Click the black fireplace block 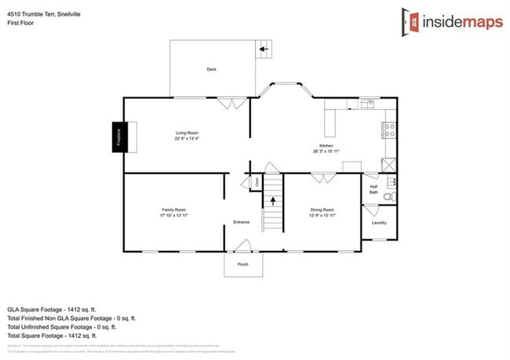pos(120,136)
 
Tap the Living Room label pos(186,134)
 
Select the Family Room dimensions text pos(174,214)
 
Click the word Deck pos(211,70)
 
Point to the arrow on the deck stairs pos(264,50)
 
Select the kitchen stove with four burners pos(389,131)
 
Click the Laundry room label pos(379,223)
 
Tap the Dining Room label pos(322,209)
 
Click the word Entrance pos(242,222)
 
